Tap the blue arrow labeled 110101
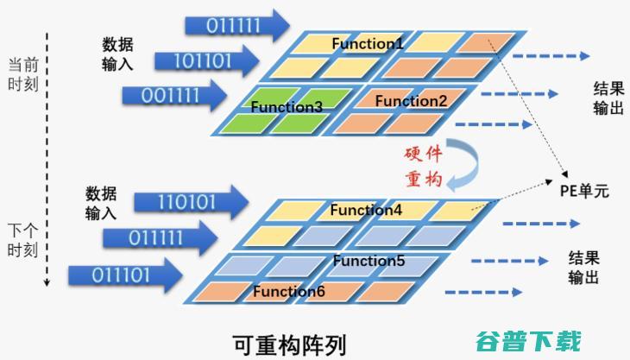tap(192, 202)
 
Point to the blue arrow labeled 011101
tap(126, 275)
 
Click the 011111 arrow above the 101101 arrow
tap(237, 26)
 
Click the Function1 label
tap(368, 43)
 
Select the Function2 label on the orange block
tap(411, 101)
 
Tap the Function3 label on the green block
tap(287, 107)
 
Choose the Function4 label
tap(366, 210)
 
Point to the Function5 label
tap(369, 261)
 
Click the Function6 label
tap(289, 291)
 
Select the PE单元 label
tap(584, 191)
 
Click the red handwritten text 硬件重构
tap(424, 167)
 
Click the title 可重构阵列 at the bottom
tap(289, 344)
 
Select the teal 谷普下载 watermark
tap(529, 342)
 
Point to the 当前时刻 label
tap(23, 75)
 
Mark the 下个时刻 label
tap(23, 241)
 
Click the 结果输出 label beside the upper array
tap(608, 98)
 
